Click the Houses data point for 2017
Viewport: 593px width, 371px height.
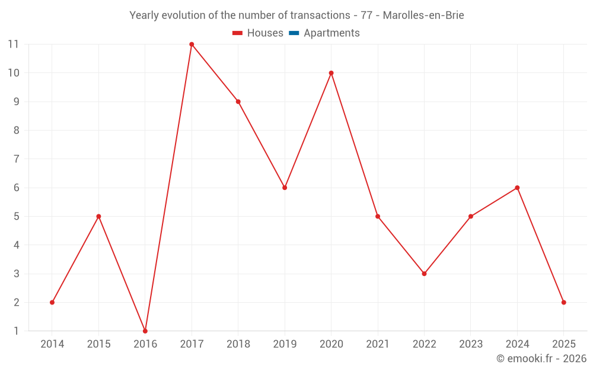pos(192,44)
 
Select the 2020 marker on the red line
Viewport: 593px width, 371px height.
pos(331,73)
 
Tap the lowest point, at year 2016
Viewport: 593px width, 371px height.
pos(145,331)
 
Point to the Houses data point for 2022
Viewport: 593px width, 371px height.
pos(424,274)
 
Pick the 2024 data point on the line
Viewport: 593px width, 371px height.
pos(517,188)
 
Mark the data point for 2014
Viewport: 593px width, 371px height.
pos(52,302)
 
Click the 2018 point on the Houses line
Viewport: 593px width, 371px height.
pos(238,102)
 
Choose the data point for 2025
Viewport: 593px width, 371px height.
pos(563,302)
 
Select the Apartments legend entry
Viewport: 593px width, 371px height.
pos(331,33)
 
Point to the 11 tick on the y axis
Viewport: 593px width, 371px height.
pos(13,44)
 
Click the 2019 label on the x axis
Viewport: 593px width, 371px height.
pos(285,344)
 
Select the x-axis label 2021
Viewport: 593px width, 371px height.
pos(378,344)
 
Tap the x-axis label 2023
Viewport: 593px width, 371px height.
pos(471,344)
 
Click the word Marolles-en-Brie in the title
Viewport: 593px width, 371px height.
pos(423,15)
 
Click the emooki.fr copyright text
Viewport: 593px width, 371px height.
pos(541,359)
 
